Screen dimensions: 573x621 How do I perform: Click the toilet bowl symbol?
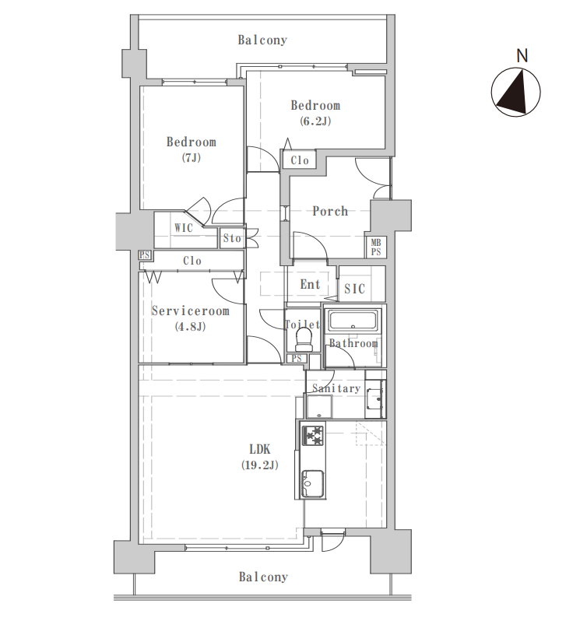pyautogui.click(x=304, y=339)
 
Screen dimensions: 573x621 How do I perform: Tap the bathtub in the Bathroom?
pyautogui.click(x=352, y=321)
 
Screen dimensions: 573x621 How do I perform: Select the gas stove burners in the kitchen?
pyautogui.click(x=313, y=435)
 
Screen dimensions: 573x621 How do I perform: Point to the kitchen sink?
pyautogui.click(x=313, y=483)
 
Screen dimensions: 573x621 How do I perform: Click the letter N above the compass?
pyautogui.click(x=522, y=56)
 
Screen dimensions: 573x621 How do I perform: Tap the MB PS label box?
pyautogui.click(x=375, y=247)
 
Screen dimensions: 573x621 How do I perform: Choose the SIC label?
pyautogui.click(x=354, y=289)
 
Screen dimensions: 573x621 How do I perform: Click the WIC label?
pyautogui.click(x=184, y=228)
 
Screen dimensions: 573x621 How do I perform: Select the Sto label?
pyautogui.click(x=232, y=238)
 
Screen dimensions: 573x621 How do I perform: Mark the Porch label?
pyautogui.click(x=330, y=211)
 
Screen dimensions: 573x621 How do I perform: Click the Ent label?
pyautogui.click(x=310, y=284)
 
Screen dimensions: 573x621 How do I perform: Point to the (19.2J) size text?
pyautogui.click(x=260, y=465)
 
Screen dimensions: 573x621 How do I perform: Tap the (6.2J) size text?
pyautogui.click(x=315, y=121)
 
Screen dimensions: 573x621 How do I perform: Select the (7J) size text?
pyautogui.click(x=192, y=158)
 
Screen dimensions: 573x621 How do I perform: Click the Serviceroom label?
pyautogui.click(x=191, y=311)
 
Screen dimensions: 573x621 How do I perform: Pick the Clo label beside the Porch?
pyautogui.click(x=300, y=160)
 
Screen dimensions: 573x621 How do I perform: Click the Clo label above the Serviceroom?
pyautogui.click(x=192, y=261)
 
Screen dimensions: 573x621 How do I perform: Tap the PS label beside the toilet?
pyautogui.click(x=297, y=359)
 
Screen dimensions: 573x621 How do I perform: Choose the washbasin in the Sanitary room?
pyautogui.click(x=375, y=398)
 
